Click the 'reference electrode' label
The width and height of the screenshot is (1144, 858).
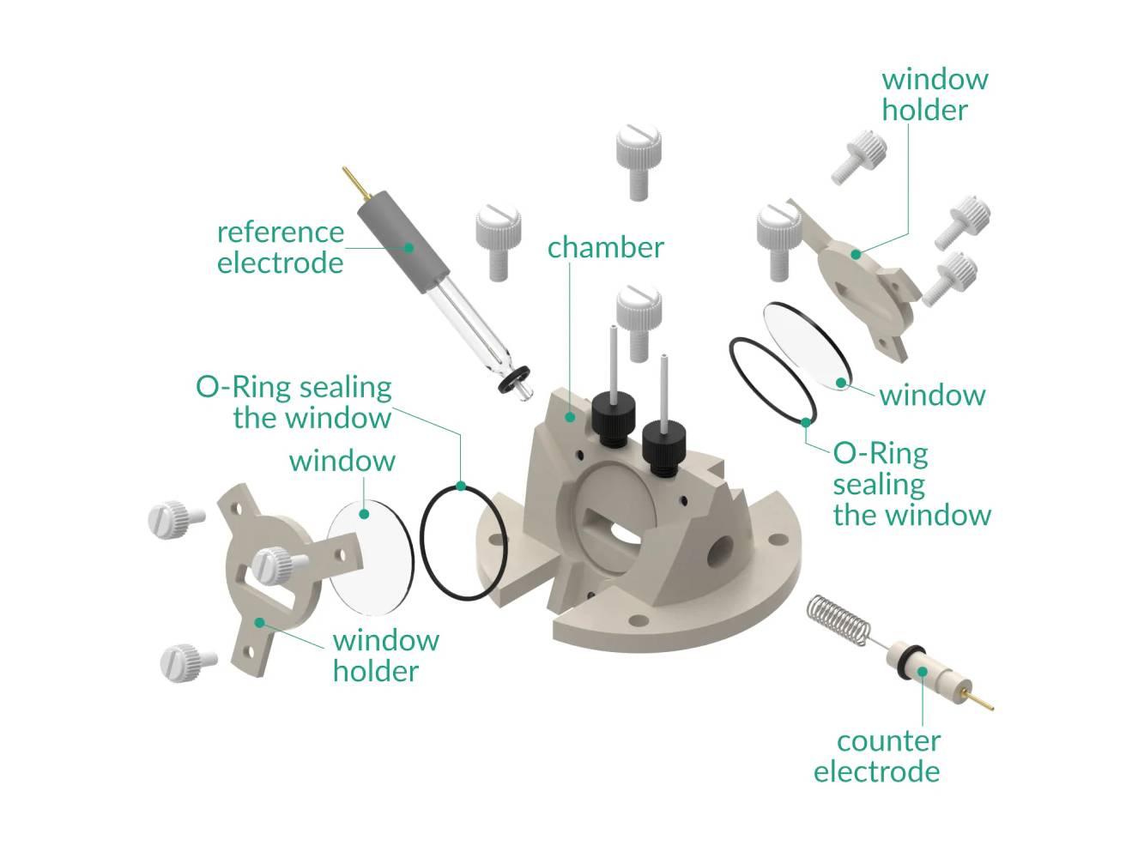point(280,247)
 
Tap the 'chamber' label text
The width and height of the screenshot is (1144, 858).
point(605,247)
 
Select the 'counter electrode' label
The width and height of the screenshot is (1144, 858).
point(876,756)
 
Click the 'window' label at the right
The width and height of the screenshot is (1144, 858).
point(931,395)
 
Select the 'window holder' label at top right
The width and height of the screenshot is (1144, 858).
point(934,94)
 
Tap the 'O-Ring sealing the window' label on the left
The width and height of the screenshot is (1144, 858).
point(294,402)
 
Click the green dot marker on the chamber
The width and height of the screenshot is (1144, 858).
point(570,416)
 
